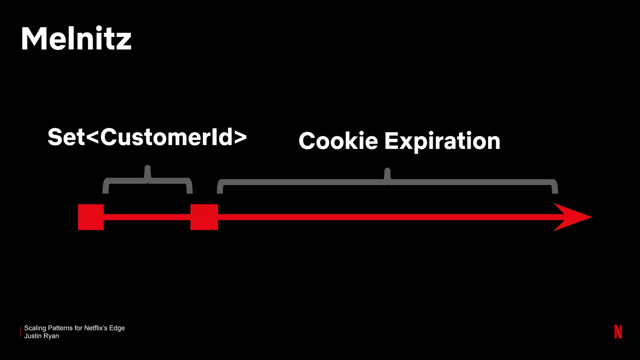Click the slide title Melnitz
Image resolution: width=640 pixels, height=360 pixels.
(76, 39)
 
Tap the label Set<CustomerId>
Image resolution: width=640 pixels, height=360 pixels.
(147, 137)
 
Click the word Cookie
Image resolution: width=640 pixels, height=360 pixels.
(338, 141)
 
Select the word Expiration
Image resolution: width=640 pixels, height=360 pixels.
(442, 141)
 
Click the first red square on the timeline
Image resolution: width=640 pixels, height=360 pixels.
(91, 217)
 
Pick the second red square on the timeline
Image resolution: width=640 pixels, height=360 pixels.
(204, 217)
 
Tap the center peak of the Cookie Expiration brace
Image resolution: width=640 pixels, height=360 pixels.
(387, 173)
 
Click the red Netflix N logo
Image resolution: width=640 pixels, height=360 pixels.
(618, 332)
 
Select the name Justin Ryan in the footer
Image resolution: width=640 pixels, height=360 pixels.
(42, 336)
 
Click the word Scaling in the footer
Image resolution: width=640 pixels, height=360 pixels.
(35, 328)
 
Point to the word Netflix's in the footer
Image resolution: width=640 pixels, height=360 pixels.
(96, 328)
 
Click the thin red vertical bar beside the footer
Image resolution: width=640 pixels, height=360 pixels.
(21, 332)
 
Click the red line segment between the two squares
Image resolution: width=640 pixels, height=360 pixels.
(147, 217)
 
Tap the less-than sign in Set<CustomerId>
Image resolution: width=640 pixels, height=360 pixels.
(92, 137)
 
